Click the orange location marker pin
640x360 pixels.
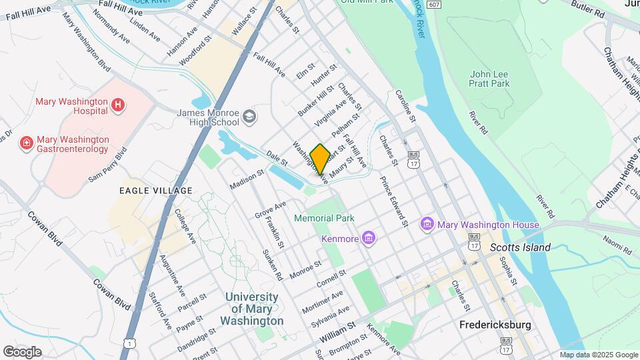320,159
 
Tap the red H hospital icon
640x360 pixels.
117,104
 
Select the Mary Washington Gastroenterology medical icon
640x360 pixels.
26,143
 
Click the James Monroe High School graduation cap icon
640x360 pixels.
249,117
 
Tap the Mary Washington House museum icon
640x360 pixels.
427,225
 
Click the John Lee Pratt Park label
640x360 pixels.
489,79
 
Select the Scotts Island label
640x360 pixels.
520,247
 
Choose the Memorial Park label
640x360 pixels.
324,218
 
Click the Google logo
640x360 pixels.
22,351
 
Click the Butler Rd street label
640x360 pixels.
587,8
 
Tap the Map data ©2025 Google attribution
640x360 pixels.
599,355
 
